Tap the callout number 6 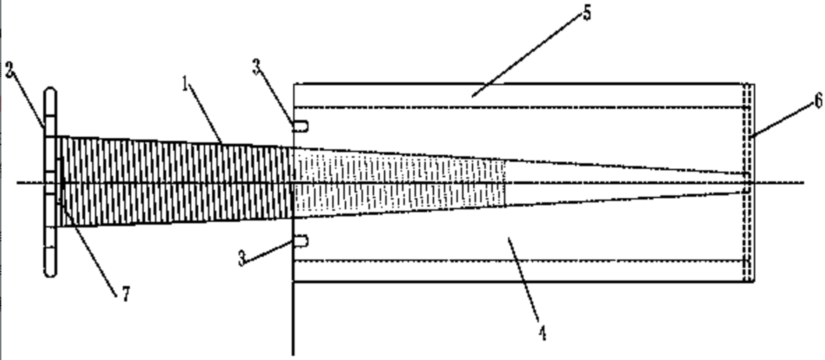817,102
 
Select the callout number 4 542,333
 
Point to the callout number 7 125,295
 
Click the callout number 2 10,70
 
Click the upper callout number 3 258,68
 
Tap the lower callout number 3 242,260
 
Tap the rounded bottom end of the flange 50,273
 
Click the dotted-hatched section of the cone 398,183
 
